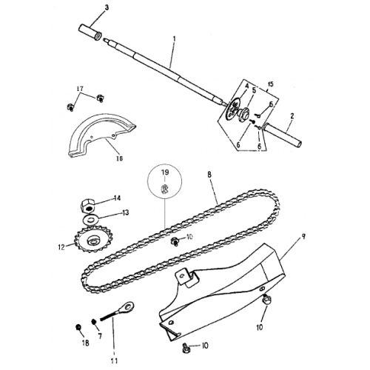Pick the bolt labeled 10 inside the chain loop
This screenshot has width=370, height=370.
click(175, 241)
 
